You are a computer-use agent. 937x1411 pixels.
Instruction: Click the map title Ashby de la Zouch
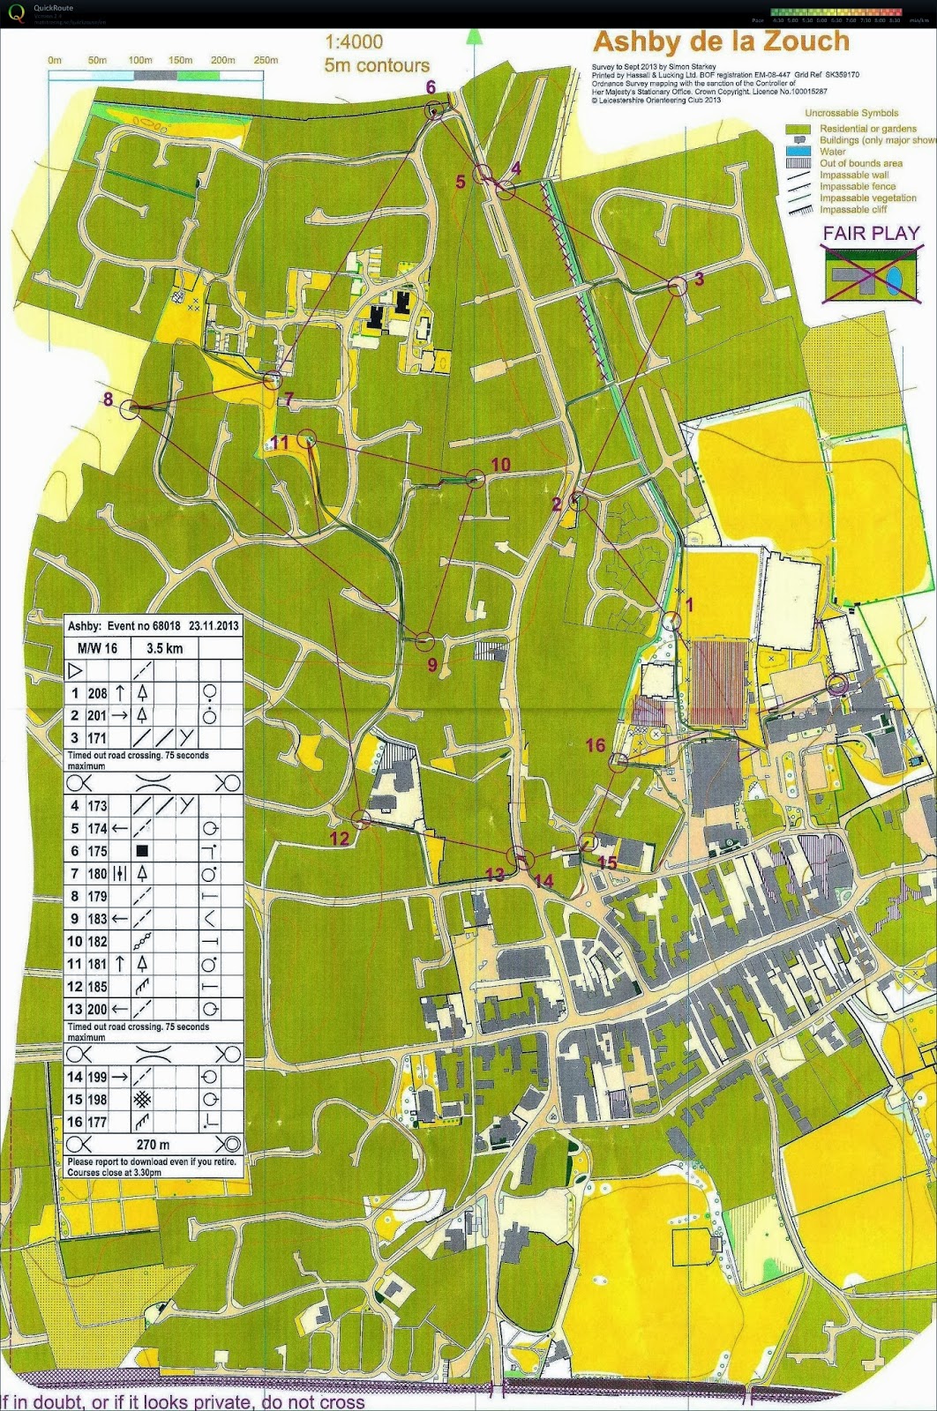[x=721, y=41]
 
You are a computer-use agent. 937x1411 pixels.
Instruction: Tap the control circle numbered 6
[x=433, y=109]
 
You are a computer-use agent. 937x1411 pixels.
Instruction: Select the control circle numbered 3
[x=677, y=286]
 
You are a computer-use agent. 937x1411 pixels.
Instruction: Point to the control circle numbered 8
[x=131, y=408]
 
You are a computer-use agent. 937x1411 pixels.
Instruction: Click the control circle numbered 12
[x=361, y=819]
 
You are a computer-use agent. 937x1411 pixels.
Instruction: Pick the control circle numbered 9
[x=424, y=641]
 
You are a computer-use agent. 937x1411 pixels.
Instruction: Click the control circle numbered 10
[x=476, y=479]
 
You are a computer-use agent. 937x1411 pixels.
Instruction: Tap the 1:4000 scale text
[x=354, y=42]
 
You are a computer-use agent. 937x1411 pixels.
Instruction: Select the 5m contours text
[x=377, y=65]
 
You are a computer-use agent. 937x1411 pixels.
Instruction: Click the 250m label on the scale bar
[x=266, y=60]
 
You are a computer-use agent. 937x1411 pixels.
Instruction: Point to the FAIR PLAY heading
[x=871, y=234]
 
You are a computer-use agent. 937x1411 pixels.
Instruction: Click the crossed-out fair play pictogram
[x=871, y=274]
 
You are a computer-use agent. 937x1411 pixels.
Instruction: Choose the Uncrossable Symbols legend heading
[x=851, y=113]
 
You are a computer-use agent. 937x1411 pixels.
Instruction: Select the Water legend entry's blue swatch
[x=798, y=152]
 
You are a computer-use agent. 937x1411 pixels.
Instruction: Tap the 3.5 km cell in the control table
[x=165, y=648]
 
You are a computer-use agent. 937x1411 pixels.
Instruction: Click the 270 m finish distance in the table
[x=153, y=1145]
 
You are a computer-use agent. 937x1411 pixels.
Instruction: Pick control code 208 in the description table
[x=96, y=694]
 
